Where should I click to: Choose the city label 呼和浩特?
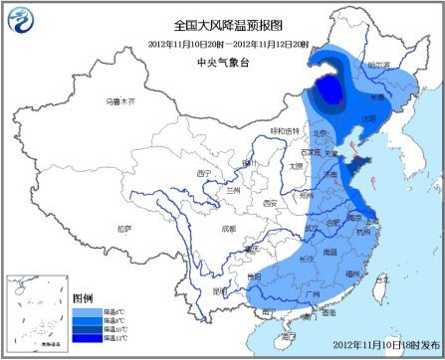click(284, 130)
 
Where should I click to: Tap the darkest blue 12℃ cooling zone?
click(329, 92)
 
